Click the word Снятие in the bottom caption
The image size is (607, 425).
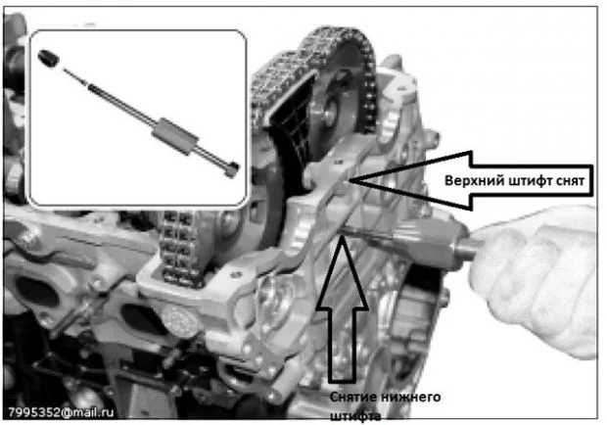pos(353,398)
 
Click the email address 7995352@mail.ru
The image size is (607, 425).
pos(61,412)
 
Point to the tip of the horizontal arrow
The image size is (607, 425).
pos(350,180)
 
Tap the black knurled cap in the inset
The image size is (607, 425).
pos(49,59)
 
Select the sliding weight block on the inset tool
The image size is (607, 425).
pos(175,136)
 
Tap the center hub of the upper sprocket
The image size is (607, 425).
pos(330,111)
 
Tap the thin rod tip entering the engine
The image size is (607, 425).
pos(346,232)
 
